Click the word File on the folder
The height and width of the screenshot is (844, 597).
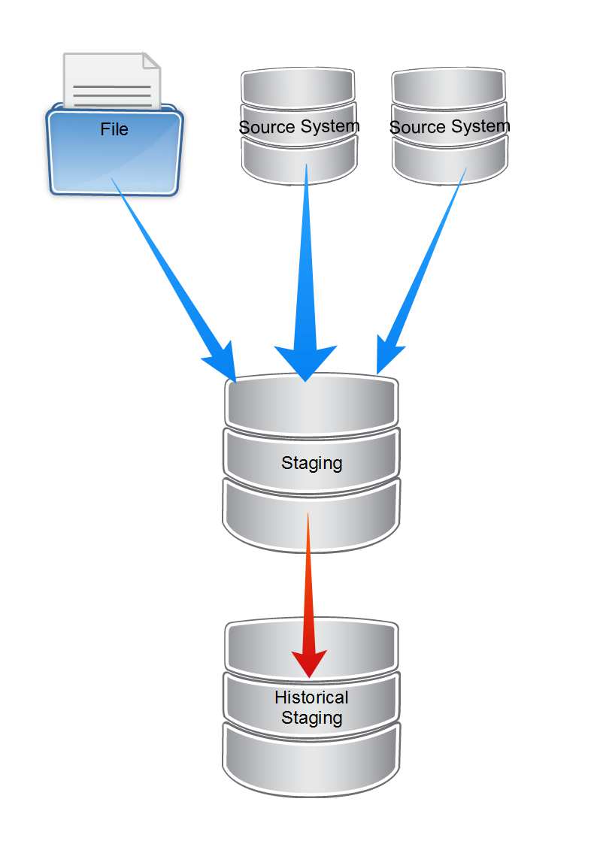click(114, 129)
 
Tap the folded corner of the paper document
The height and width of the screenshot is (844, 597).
click(151, 61)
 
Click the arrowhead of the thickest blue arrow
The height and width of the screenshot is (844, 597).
click(305, 361)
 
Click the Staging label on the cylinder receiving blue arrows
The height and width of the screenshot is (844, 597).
click(311, 463)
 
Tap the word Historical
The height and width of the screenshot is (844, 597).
click(311, 697)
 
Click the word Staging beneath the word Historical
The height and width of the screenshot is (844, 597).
click(311, 718)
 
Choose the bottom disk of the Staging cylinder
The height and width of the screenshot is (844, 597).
click(311, 519)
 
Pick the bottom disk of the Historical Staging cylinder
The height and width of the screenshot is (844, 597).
click(311, 759)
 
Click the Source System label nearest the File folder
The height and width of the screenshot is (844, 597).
click(299, 126)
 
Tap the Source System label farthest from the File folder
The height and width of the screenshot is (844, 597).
click(450, 127)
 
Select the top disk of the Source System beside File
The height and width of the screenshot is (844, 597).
click(298, 87)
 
